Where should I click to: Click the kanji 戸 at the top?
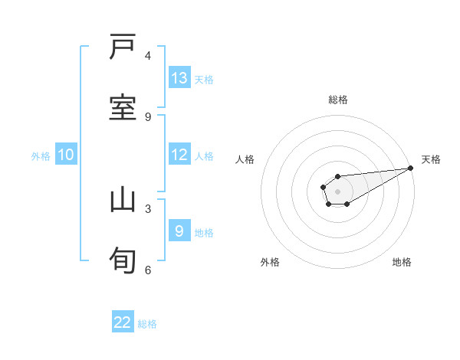point(123,48)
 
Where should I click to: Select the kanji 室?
point(123,108)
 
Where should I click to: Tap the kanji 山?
point(123,200)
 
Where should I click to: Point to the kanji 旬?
point(123,260)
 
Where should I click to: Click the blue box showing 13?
point(179,78)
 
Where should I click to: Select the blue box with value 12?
point(179,155)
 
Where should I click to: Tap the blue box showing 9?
point(179,231)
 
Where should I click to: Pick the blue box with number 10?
point(66,155)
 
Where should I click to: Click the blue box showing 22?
point(123,322)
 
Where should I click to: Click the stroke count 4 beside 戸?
point(148,56)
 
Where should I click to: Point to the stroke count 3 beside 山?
point(148,208)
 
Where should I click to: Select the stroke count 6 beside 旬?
point(148,269)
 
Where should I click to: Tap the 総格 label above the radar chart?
point(338,100)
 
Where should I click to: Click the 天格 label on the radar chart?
point(431,159)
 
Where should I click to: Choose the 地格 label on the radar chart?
point(402,262)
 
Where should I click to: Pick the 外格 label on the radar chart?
point(270,262)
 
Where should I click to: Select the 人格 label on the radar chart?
point(245,159)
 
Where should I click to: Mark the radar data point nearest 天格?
point(410,168)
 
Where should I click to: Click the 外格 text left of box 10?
point(41,155)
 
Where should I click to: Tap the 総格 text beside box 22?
point(147,323)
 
